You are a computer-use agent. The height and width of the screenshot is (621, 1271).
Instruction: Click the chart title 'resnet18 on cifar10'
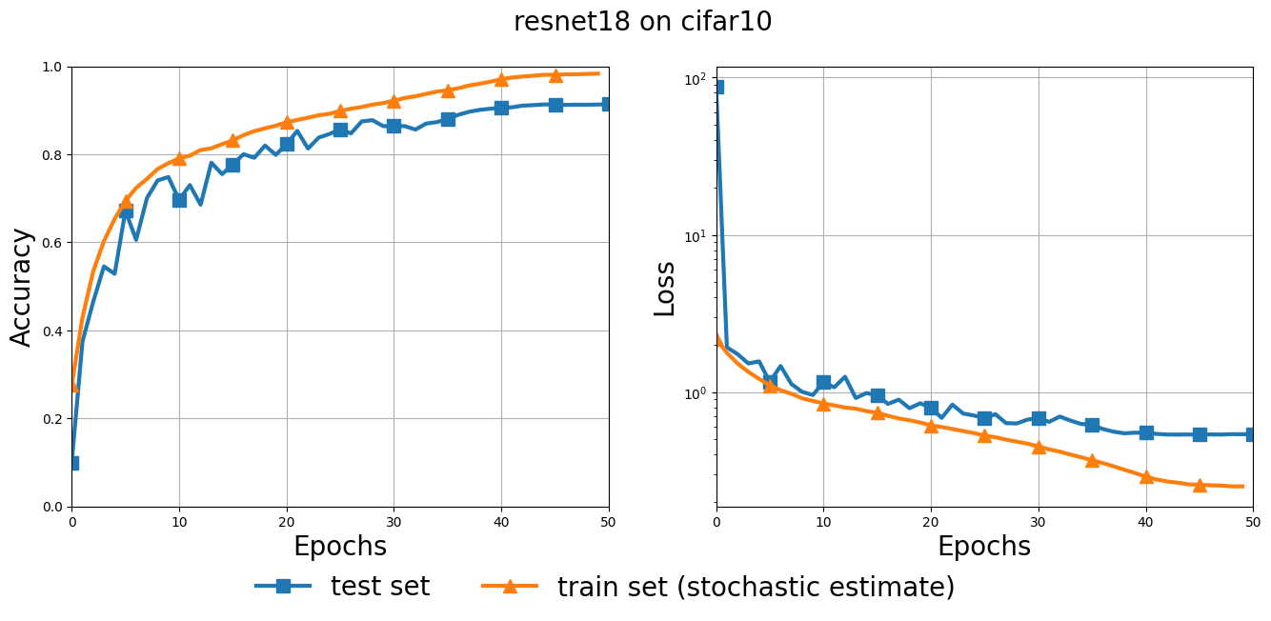(642, 22)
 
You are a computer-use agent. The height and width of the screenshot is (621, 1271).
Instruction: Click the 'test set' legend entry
(379, 587)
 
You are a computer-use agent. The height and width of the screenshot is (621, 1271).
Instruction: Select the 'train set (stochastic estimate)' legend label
(755, 587)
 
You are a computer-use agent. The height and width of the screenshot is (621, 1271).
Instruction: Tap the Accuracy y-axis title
(21, 287)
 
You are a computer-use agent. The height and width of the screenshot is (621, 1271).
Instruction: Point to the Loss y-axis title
(665, 288)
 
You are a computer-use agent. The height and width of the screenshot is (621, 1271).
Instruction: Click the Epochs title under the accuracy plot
(339, 547)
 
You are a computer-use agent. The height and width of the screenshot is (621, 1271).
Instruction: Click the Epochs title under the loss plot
(983, 547)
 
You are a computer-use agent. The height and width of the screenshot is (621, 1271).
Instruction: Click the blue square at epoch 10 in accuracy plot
(179, 200)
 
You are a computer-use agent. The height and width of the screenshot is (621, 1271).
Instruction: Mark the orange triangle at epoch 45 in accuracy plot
(555, 75)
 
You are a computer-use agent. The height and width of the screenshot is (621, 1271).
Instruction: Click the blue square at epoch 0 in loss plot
(717, 87)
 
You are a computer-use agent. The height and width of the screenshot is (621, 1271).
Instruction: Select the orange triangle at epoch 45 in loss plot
(1200, 485)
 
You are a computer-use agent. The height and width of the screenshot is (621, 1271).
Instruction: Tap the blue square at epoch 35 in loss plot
(1092, 425)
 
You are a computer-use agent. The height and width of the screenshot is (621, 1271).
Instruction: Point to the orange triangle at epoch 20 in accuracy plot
(287, 122)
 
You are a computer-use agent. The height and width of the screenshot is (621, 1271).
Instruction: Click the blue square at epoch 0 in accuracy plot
(72, 463)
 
